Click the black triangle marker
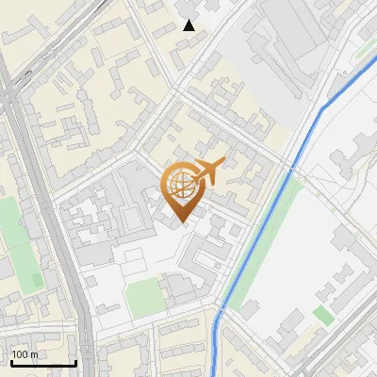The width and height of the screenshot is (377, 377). [x=189, y=25]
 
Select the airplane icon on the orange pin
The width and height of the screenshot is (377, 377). [x=207, y=172]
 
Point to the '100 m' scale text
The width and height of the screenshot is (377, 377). [x=25, y=354]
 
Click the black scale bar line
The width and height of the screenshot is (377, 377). [x=43, y=363]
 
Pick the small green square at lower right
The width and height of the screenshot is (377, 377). [x=323, y=315]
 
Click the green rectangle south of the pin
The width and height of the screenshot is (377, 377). [x=144, y=297]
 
